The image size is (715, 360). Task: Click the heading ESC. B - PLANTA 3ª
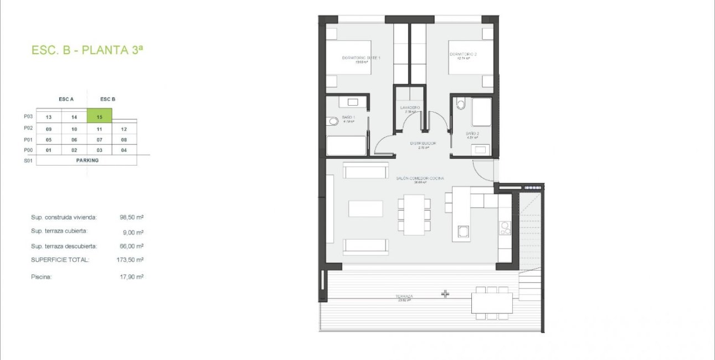[88, 50]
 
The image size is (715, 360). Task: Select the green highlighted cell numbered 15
[100, 116]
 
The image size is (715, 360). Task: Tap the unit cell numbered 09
[49, 128]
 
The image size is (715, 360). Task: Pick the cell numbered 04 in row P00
[124, 150]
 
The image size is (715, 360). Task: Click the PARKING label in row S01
[87, 161]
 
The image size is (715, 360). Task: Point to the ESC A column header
[66, 100]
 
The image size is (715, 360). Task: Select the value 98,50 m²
[132, 218]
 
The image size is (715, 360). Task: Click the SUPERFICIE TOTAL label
[60, 259]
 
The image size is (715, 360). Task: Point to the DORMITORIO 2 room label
[463, 55]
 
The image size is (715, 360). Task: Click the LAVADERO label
[410, 107]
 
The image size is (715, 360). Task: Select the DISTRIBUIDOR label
[423, 143]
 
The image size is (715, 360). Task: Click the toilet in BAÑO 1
[332, 121]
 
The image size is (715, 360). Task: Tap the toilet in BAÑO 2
[461, 104]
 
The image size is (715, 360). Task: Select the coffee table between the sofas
[365, 208]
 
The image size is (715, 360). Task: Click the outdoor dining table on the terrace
[492, 303]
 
